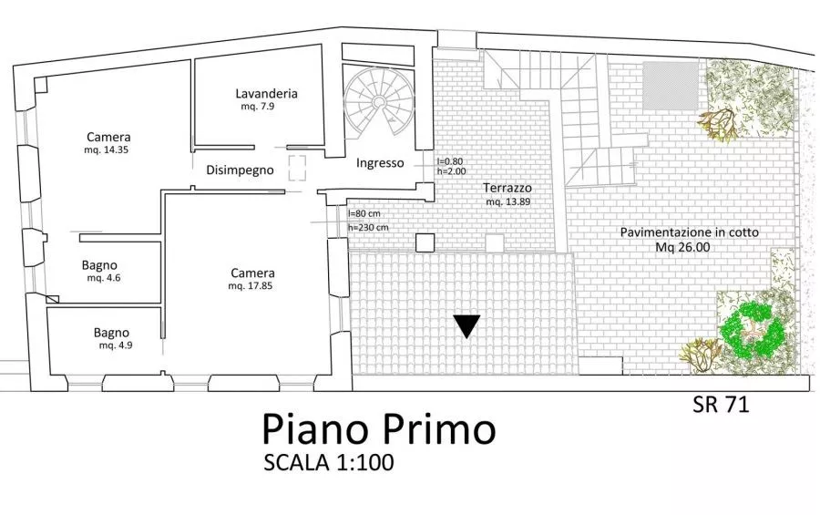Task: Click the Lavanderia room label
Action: (x=266, y=94)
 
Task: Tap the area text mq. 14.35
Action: (x=107, y=149)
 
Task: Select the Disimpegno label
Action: (x=240, y=170)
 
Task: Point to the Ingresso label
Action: (x=380, y=163)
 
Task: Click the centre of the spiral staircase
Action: (x=379, y=100)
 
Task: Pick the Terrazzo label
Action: (x=507, y=188)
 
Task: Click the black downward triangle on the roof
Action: (x=466, y=326)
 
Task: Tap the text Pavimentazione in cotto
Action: (x=690, y=232)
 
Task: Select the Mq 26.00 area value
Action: (x=683, y=247)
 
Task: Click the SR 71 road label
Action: (x=722, y=404)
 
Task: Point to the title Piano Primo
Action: (x=379, y=428)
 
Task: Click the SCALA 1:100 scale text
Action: (x=328, y=463)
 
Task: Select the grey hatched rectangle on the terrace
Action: (x=671, y=86)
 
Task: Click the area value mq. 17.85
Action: (x=250, y=286)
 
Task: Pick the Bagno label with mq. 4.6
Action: (x=99, y=265)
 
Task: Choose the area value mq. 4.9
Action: (x=116, y=345)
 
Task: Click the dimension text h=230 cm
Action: (x=368, y=228)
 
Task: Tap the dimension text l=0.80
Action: (x=450, y=161)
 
